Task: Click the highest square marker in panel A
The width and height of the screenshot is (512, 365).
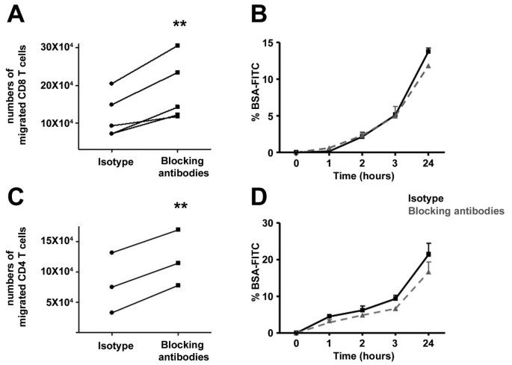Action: coord(178,46)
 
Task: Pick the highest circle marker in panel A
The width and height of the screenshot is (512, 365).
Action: coord(111,83)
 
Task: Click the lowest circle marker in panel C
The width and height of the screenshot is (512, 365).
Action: coord(111,312)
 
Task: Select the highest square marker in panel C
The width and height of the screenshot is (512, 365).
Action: coord(178,229)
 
